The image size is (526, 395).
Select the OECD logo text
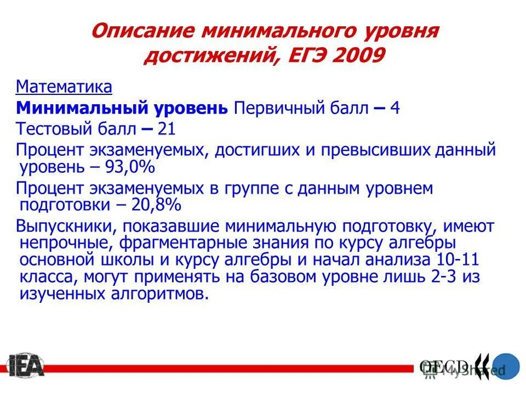(444, 365)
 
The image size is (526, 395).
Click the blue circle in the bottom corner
(504, 366)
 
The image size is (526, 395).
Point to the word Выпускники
(65, 226)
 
